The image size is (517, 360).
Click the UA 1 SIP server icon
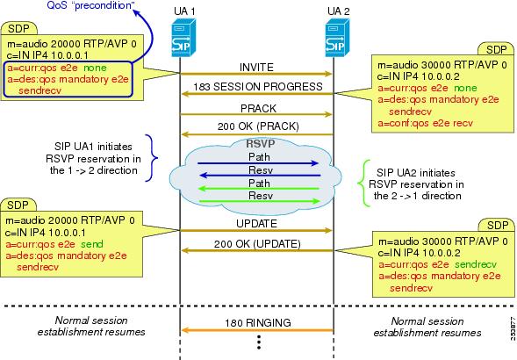[x=183, y=38]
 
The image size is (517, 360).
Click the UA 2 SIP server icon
[x=337, y=38]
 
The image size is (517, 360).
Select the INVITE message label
[x=256, y=68]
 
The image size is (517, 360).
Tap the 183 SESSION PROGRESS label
[x=258, y=86]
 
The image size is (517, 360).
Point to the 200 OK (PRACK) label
[x=258, y=126]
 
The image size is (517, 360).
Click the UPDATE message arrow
[x=256, y=230]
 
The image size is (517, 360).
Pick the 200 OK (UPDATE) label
[x=257, y=244]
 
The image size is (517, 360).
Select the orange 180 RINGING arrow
[x=257, y=330]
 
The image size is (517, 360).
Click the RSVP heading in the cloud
[x=261, y=143]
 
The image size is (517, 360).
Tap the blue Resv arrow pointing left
[x=260, y=176]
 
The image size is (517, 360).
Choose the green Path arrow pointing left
[x=259, y=189]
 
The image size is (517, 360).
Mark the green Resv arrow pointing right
[x=260, y=201]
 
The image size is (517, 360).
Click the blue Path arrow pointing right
[x=258, y=163]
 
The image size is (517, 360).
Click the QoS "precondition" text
[x=89, y=5]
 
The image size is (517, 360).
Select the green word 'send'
[x=92, y=244]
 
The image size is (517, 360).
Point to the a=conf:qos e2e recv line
[x=426, y=123]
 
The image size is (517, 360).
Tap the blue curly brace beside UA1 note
[x=152, y=158]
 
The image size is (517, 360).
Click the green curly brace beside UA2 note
[x=364, y=184]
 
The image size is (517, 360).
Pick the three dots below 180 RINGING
[x=259, y=342]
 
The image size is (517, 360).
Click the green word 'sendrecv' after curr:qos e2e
[x=476, y=264]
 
